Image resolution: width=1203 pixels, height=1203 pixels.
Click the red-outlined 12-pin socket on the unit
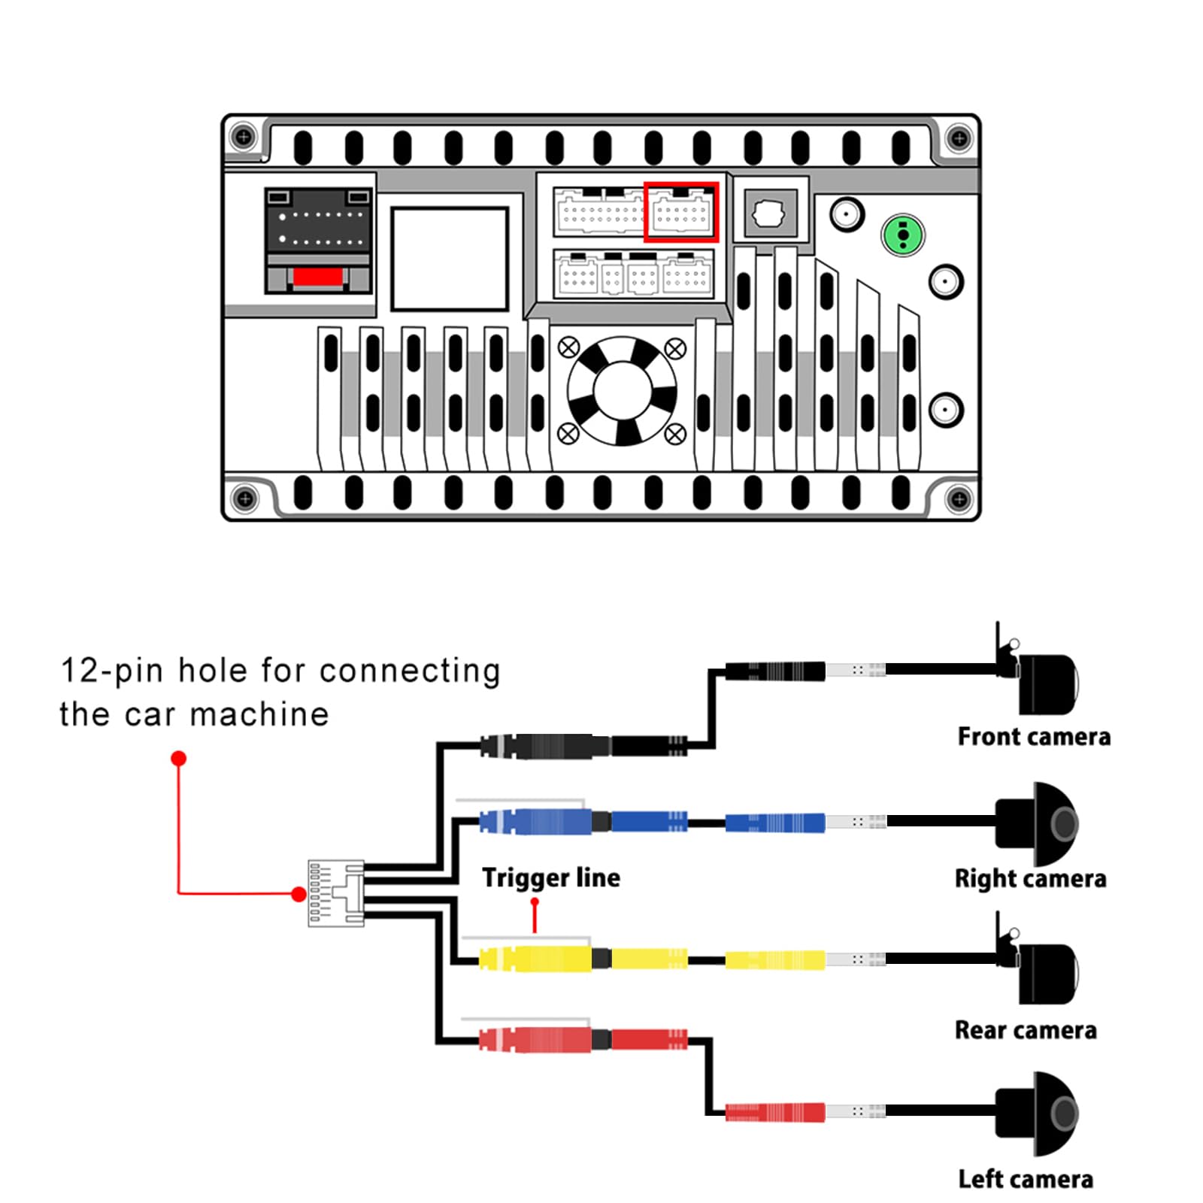(x=681, y=212)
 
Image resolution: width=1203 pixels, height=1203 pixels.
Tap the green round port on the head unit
(x=903, y=235)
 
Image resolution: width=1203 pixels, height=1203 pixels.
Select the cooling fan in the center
(x=622, y=391)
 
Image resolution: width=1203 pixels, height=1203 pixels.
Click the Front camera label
(x=1034, y=736)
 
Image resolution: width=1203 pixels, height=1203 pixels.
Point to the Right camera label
(x=1030, y=878)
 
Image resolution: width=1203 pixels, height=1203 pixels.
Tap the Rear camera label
(x=1026, y=1029)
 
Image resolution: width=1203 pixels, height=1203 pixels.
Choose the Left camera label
(x=1026, y=1178)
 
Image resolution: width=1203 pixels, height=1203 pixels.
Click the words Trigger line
(x=551, y=877)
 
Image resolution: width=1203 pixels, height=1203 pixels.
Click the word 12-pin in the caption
(x=111, y=670)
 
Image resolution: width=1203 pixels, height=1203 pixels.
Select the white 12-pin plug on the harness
(x=336, y=893)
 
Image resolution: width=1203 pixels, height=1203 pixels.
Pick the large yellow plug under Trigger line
(x=535, y=959)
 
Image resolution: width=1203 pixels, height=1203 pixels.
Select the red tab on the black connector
(x=318, y=277)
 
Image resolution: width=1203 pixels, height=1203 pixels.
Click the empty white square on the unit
(x=450, y=259)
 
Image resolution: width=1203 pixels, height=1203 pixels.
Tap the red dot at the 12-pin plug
(x=298, y=894)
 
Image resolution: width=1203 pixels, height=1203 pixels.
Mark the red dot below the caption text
(x=178, y=758)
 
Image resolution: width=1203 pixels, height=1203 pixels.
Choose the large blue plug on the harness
(x=535, y=821)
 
